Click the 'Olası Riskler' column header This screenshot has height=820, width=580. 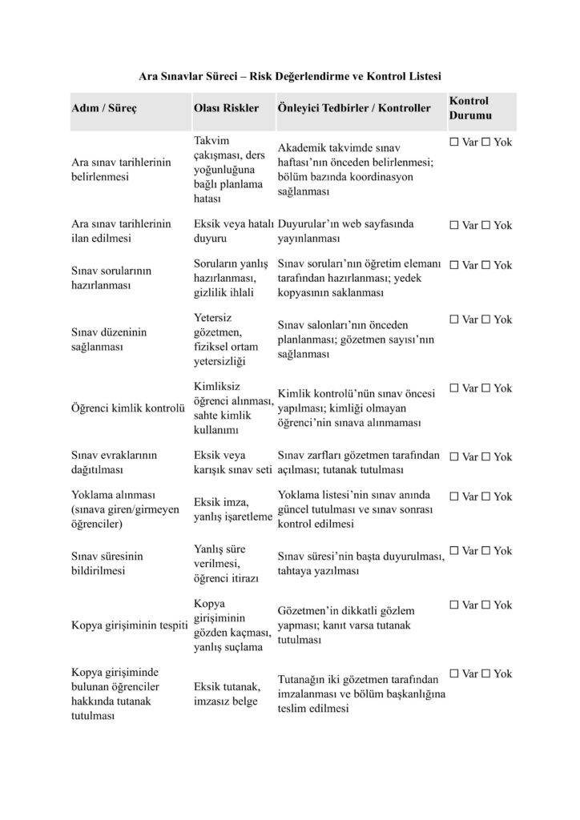tap(226, 108)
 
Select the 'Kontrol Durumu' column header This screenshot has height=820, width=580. tap(469, 108)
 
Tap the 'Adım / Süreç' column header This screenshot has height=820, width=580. tap(104, 108)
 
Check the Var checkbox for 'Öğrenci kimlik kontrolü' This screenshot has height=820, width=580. tap(454, 388)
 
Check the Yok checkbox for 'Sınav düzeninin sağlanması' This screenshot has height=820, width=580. tap(485, 320)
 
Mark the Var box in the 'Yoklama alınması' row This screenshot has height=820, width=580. tap(454, 496)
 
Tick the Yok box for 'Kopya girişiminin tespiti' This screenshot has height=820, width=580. tap(485, 605)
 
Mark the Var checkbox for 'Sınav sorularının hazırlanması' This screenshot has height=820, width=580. tap(454, 265)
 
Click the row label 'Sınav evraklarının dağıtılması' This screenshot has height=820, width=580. tap(115, 462)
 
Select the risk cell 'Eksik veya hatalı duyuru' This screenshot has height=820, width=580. tap(233, 231)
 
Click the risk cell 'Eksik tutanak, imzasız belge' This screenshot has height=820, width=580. tap(229, 693)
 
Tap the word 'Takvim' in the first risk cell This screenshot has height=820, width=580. tap(211, 140)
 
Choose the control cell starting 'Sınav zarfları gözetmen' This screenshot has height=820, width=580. tap(359, 462)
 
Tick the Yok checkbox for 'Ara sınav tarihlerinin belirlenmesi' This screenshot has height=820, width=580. tap(485, 142)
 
